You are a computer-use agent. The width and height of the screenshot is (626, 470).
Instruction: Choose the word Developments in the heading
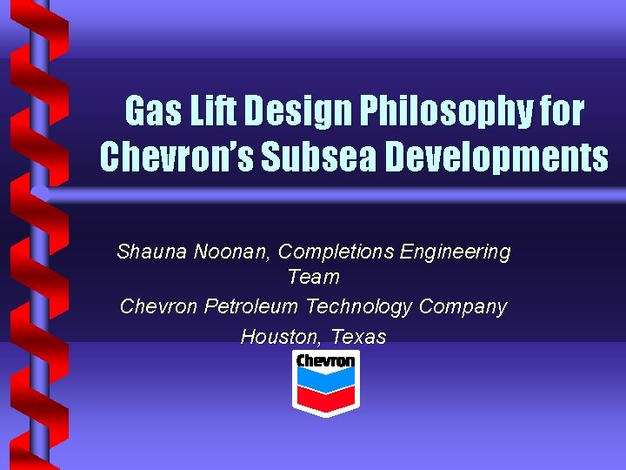pos(496,158)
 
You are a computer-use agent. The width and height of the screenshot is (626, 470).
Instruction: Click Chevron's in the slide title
pos(177,158)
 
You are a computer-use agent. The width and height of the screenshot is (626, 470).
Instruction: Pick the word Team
pos(313,278)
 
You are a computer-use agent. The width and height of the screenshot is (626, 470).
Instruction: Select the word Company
pos(463,307)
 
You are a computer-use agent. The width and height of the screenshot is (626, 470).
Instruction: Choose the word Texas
pos(358,337)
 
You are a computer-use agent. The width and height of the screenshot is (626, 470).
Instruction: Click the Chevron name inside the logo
pos(325,360)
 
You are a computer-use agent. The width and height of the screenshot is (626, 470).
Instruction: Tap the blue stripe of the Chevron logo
pos(325,376)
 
